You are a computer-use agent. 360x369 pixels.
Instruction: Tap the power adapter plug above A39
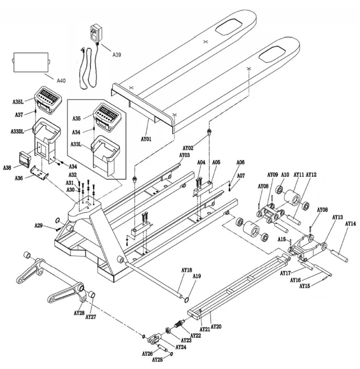click(96, 33)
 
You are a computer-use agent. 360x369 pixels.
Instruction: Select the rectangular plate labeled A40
click(29, 63)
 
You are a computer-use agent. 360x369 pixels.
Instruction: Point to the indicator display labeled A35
click(108, 114)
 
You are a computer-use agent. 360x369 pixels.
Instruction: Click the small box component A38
click(24, 160)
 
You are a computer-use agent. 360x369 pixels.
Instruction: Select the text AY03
click(184, 155)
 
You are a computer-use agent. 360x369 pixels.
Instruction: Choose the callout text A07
click(241, 176)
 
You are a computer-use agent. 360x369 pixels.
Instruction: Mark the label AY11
click(298, 175)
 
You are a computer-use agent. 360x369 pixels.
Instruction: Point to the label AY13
click(337, 217)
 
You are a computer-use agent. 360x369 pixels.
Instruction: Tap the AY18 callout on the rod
click(186, 270)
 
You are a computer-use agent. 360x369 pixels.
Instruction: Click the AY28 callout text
click(79, 312)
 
